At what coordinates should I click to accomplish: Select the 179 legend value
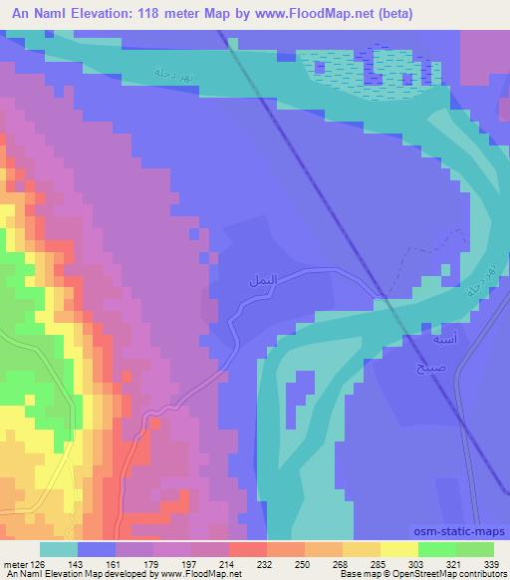point(153,564)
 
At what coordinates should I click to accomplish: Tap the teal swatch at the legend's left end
point(58,549)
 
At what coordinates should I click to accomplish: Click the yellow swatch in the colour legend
point(398,549)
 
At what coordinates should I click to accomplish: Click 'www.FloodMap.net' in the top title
point(302,13)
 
